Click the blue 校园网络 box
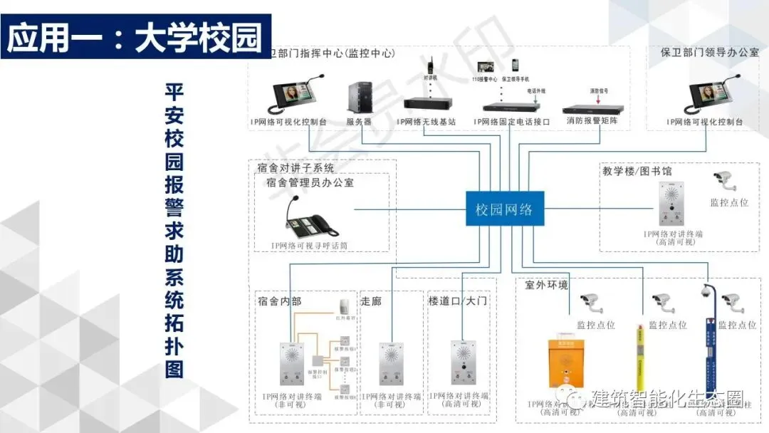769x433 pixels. (504, 209)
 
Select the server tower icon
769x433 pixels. (359, 98)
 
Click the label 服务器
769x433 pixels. (359, 122)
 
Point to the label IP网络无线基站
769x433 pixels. (427, 122)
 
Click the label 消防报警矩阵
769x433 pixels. (592, 122)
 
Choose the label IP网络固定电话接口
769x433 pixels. (512, 122)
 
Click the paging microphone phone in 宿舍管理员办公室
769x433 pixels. (310, 218)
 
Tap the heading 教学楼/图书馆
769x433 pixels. (637, 171)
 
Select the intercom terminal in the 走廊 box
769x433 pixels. (391, 363)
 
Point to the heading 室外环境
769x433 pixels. (547, 286)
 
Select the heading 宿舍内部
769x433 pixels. (280, 301)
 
